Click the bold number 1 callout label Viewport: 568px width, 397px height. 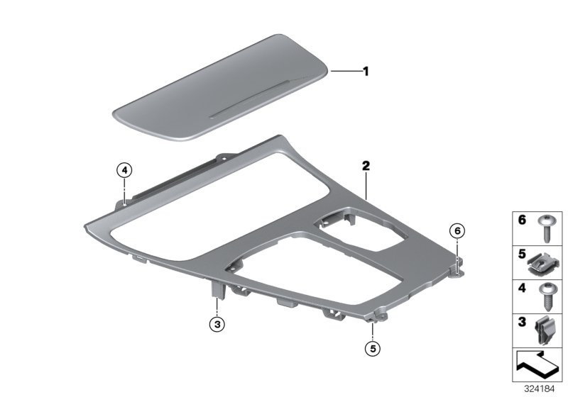(366, 71)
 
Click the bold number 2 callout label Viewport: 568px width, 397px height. (366, 166)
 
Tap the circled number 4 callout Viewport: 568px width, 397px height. (124, 169)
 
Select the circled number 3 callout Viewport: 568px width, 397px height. (217, 324)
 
